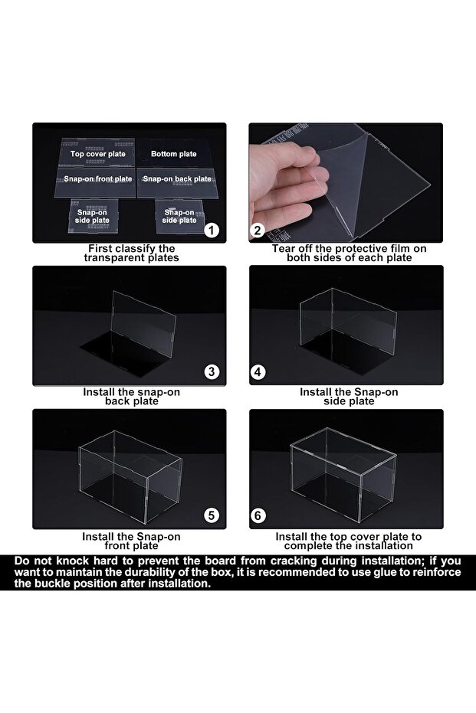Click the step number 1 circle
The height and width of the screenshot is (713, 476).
[212, 230]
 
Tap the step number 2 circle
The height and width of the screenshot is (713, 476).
[258, 230]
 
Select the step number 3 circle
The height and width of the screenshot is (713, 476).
[212, 372]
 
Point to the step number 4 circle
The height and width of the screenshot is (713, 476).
[258, 372]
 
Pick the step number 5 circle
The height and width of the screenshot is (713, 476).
[212, 515]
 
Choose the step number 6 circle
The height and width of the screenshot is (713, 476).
[258, 515]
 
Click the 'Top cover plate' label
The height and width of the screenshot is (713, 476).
[97, 154]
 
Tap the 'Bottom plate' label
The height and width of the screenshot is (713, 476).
[173, 154]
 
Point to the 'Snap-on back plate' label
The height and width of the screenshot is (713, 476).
[177, 178]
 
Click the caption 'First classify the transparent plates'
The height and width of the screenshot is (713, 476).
[131, 253]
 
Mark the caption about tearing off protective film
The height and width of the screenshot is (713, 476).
[349, 253]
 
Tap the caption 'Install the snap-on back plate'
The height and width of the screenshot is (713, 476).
[131, 396]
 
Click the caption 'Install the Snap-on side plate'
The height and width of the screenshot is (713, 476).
[349, 396]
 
